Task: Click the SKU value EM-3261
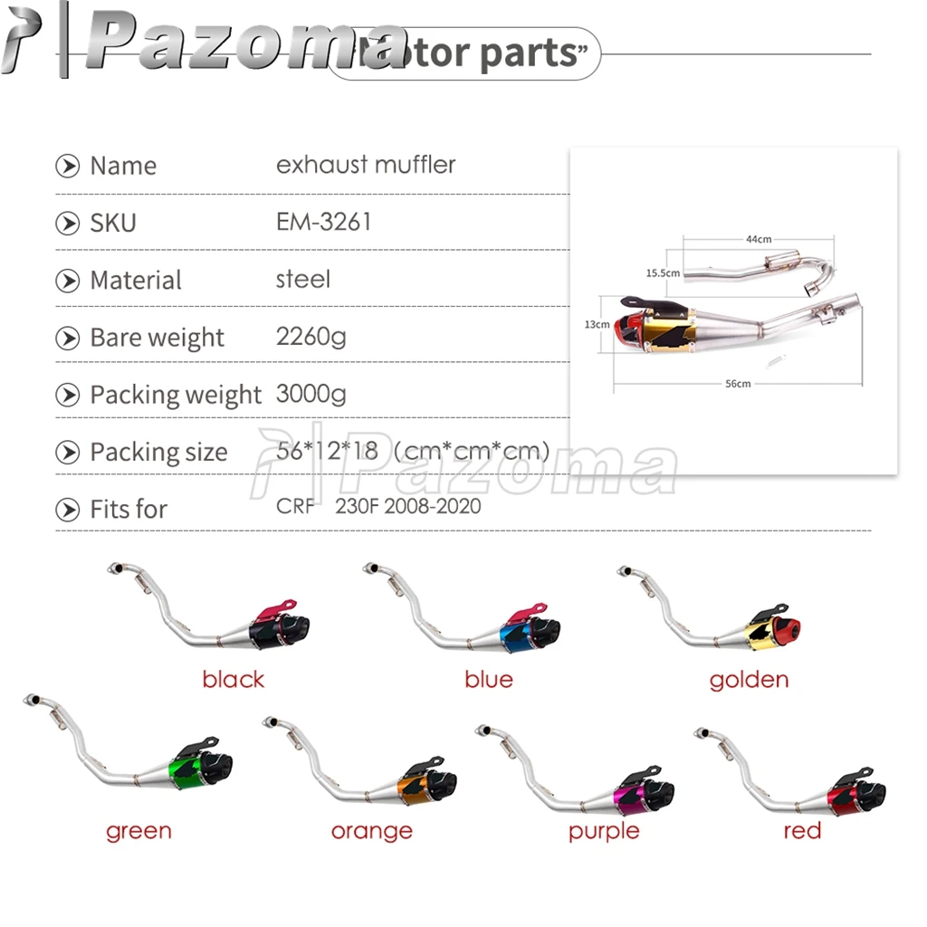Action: coord(323,222)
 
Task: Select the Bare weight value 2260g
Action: coord(311,337)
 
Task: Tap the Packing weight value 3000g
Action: coord(311,394)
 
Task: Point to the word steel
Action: coord(302,279)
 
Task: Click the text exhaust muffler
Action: coord(366,165)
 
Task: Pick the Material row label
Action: coord(136,280)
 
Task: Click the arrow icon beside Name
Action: coord(67,166)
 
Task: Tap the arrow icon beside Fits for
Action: coord(67,509)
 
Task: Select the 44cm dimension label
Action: coord(759,239)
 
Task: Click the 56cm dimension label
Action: coord(738,384)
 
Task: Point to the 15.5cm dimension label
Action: coord(663,272)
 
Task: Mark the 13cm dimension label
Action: coord(597,324)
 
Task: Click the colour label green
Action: coord(139,830)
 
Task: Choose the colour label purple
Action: coord(604,830)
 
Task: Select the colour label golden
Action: coord(749,679)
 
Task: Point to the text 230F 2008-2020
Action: coord(407,506)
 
